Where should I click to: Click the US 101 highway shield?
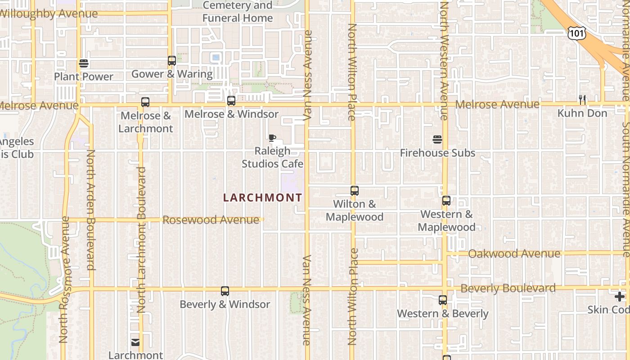click(576, 32)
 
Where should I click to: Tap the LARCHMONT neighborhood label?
click(263, 198)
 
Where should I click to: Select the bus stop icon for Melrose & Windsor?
click(231, 101)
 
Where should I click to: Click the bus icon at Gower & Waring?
click(171, 61)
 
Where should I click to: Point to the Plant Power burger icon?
click(84, 63)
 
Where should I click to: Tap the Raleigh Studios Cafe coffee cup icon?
click(272, 138)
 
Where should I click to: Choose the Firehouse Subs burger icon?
click(437, 139)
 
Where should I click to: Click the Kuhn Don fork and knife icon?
click(582, 100)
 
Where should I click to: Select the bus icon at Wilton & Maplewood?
click(355, 191)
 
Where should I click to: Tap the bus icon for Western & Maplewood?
click(446, 201)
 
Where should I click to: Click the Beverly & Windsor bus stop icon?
click(225, 291)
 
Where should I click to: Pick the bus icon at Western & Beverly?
click(443, 300)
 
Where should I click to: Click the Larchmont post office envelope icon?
click(135, 342)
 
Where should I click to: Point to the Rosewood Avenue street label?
click(211, 220)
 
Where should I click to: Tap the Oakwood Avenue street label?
click(514, 254)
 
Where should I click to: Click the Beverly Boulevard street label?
click(508, 288)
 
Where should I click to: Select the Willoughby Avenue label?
click(49, 13)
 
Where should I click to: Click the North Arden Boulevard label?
click(91, 210)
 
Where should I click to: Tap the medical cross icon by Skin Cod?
click(620, 297)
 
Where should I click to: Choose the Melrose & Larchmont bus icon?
click(145, 102)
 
